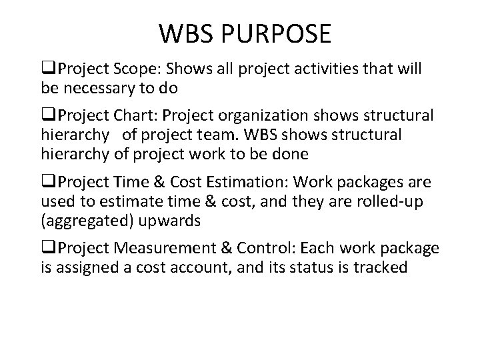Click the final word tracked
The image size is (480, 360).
coord(382,267)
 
